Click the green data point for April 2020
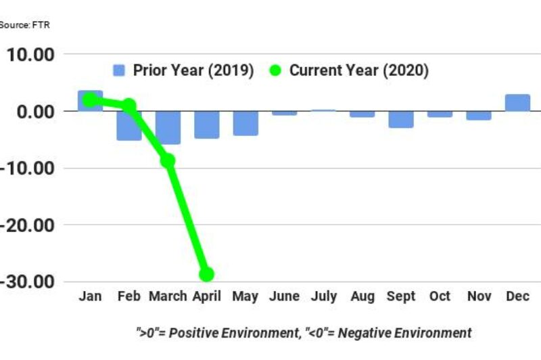click(206, 274)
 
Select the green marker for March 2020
click(168, 160)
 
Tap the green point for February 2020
click(128, 106)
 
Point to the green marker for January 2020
click(90, 100)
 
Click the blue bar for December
click(517, 103)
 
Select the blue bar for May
click(245, 123)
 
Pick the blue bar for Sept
click(401, 119)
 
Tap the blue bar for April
click(207, 125)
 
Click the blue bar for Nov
click(479, 115)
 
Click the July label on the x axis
click(323, 297)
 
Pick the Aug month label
click(362, 297)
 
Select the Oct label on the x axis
click(440, 297)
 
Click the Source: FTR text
click(24, 25)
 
